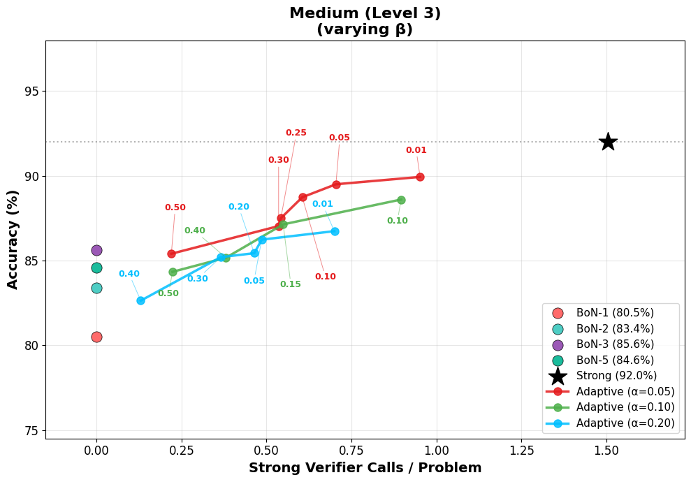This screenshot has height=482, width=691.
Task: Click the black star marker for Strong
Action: click(x=608, y=142)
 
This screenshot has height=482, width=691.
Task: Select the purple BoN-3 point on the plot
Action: click(x=96, y=250)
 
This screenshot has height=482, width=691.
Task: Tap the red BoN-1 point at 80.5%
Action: click(x=96, y=337)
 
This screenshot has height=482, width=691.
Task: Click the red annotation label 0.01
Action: click(x=416, y=150)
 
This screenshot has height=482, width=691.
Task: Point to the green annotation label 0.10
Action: click(x=397, y=221)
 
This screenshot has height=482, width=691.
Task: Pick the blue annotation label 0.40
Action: click(x=129, y=274)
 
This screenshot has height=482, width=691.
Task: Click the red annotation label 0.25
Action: click(x=296, y=133)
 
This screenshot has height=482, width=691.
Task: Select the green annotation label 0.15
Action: click(x=290, y=284)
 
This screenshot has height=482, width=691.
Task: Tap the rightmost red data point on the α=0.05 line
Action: click(x=420, y=177)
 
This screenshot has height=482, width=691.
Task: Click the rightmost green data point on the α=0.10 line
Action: click(x=401, y=200)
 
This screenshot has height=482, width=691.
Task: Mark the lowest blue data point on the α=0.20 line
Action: click(x=140, y=300)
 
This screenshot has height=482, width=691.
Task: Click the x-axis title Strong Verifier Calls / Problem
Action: click(x=365, y=468)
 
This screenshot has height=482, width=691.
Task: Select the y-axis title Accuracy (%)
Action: click(x=13, y=240)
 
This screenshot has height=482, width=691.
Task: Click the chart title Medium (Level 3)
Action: click(x=365, y=13)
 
